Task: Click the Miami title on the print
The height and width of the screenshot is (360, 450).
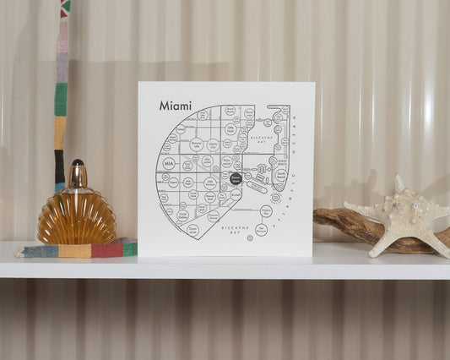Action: pyautogui.click(x=175, y=106)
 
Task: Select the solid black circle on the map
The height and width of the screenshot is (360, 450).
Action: pyautogui.click(x=236, y=179)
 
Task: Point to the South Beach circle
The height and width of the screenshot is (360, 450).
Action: pyautogui.click(x=280, y=176)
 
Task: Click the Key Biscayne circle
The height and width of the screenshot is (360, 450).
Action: pyautogui.click(x=261, y=229)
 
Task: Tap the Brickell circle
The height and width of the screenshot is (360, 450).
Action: pyautogui.click(x=236, y=194)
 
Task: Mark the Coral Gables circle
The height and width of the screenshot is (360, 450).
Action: pyautogui.click(x=182, y=215)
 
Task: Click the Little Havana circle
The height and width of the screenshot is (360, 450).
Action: pyautogui.click(x=209, y=183)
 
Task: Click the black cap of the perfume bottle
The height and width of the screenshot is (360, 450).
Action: pyautogui.click(x=78, y=162)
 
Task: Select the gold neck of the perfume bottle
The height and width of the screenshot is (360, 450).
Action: pyautogui.click(x=78, y=177)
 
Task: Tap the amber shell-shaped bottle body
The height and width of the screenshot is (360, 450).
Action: pyautogui.click(x=77, y=218)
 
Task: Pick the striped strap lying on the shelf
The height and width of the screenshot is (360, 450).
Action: pyautogui.click(x=77, y=250)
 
